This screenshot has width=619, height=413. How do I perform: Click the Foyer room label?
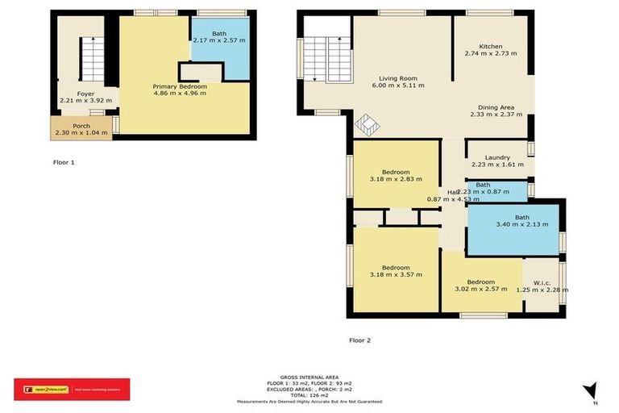(86, 94)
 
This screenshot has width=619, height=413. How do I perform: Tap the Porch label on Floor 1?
(81, 125)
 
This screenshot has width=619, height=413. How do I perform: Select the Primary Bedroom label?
(180, 86)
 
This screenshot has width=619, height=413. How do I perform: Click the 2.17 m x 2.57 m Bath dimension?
(220, 41)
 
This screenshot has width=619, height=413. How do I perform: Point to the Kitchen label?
(490, 46)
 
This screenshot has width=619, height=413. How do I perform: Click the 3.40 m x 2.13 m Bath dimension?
(521, 224)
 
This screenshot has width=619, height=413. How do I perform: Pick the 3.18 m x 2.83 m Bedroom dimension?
(397, 179)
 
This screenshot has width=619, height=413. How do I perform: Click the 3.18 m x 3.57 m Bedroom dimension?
(397, 275)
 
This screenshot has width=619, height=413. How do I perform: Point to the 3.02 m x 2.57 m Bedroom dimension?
(481, 288)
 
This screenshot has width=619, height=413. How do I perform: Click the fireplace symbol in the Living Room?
(368, 127)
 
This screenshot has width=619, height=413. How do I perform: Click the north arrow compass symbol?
(591, 390)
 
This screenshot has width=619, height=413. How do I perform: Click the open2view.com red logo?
(71, 390)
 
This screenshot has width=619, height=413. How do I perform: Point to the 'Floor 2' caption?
(359, 340)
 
